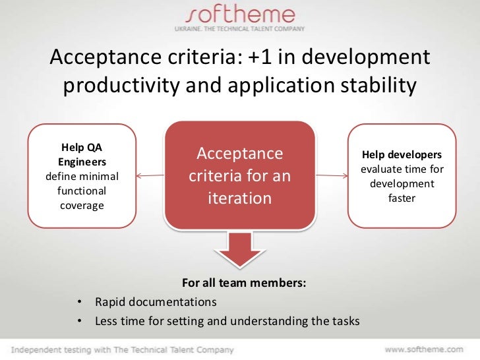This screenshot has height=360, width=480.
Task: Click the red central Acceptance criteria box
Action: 240,176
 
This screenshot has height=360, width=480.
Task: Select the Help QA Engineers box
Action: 82,176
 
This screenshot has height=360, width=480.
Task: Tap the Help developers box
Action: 401,176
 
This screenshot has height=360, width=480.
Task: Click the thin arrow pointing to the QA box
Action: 152,176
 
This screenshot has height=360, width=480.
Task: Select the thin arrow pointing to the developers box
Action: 330,176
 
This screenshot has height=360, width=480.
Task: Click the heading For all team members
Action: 244,284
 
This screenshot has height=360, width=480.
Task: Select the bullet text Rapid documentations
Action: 156,303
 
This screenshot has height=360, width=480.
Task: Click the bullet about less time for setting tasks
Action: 227,322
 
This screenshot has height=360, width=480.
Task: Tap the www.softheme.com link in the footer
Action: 424,349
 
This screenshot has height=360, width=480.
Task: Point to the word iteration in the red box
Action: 240,198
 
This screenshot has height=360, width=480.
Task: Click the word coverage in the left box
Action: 82,205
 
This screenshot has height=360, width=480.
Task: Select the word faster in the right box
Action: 401,198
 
